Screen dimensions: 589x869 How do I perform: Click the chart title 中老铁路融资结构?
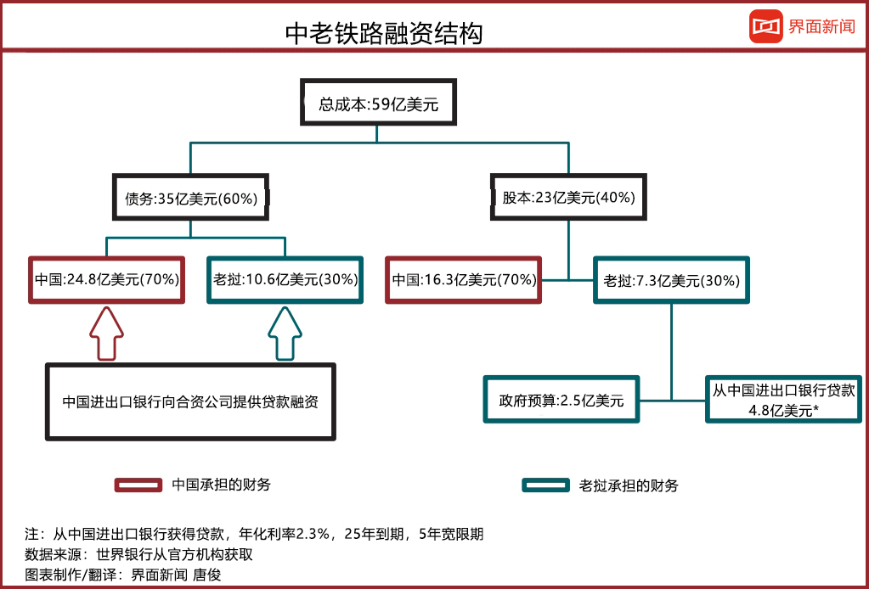coord(383,33)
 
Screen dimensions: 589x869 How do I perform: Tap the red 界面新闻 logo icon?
coord(765,26)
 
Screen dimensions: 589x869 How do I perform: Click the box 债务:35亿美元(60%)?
coord(190,198)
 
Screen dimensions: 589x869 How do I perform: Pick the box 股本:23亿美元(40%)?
coord(569,198)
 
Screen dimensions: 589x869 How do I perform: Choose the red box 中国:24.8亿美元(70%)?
coord(106,279)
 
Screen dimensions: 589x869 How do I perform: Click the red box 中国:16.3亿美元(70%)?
coord(464,279)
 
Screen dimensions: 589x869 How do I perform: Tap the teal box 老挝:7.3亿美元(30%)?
coord(672,279)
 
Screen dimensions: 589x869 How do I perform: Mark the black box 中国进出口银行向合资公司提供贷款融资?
coord(190,402)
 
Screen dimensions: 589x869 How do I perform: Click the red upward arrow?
coord(106,334)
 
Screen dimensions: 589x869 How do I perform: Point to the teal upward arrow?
coord(285,334)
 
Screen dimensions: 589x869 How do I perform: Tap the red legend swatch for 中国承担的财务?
coord(138,485)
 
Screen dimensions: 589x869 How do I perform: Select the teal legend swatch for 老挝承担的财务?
coord(545,485)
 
